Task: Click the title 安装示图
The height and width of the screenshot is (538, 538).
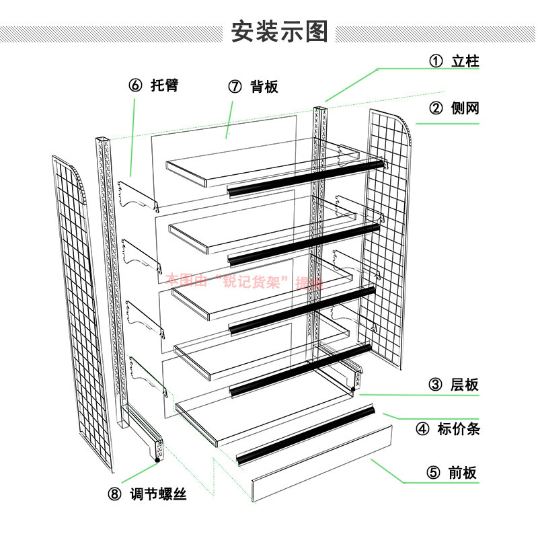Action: click(279, 31)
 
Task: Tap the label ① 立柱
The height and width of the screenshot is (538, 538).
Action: click(455, 61)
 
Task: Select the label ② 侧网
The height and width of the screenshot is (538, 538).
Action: click(455, 108)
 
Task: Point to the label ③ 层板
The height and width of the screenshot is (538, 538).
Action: click(455, 385)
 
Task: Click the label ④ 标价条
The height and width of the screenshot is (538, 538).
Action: click(449, 428)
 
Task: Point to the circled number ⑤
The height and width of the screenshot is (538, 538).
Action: click(432, 472)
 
